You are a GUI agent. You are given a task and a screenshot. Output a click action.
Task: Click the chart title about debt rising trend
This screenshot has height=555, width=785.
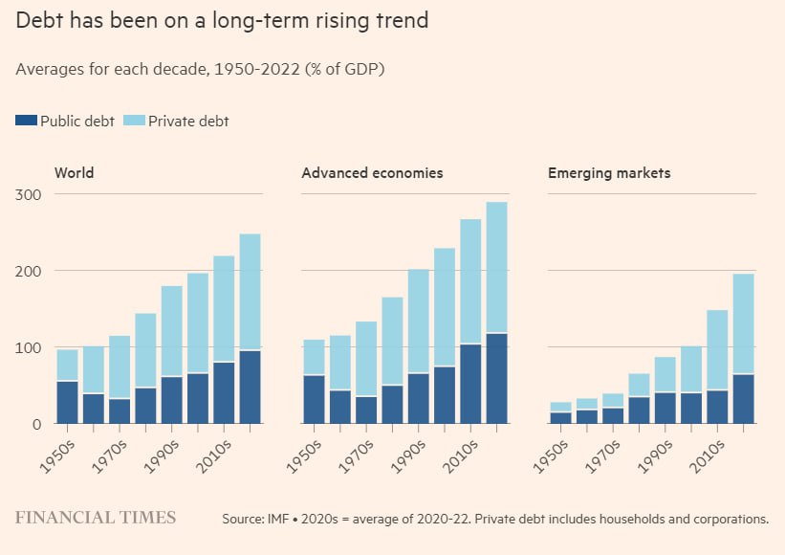coord(221,20)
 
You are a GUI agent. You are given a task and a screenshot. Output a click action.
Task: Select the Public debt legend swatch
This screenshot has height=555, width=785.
coord(26,121)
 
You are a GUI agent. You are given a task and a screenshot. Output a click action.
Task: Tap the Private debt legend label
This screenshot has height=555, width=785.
coord(187,122)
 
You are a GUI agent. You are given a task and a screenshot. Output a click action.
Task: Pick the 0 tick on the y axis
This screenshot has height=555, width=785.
coord(36,424)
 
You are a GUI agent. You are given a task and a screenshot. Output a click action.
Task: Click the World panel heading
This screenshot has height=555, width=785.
coord(74,173)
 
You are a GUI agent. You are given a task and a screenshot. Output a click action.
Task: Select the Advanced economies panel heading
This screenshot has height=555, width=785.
coord(372,173)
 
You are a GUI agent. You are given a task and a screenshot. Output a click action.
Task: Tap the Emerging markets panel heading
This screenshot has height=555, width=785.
coord(609,173)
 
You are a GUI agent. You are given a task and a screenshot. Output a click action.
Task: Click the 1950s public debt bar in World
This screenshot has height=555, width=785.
coord(67,402)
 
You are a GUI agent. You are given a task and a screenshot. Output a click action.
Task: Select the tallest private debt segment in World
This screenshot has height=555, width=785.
coord(250,292)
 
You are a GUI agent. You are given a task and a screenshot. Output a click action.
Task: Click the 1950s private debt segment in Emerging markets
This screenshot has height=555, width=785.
coord(560,407)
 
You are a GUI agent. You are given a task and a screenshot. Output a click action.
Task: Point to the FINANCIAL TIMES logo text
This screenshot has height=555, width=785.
coord(96,518)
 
